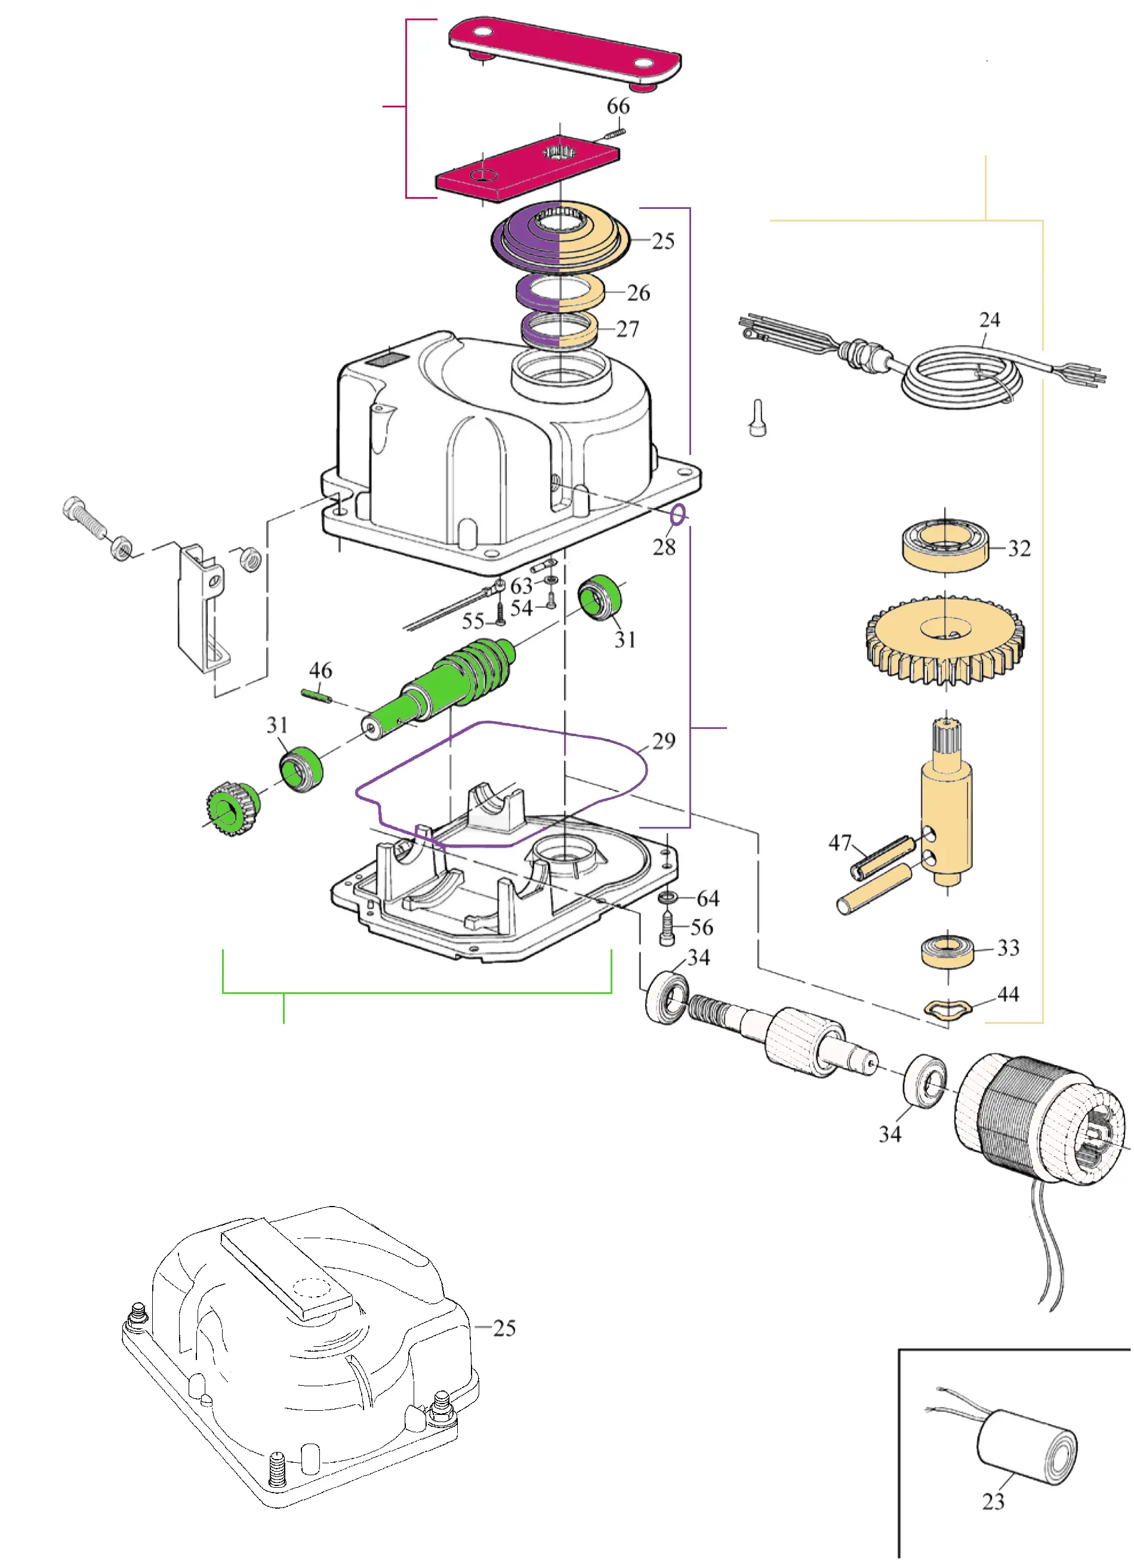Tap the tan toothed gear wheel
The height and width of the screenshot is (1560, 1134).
point(945,639)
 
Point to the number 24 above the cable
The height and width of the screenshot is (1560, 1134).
point(989,320)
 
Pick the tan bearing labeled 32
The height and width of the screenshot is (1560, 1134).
point(944,544)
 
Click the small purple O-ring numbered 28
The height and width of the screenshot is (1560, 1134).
point(677,515)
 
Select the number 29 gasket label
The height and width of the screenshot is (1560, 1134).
point(663,741)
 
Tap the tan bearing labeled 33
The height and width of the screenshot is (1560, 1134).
point(948,950)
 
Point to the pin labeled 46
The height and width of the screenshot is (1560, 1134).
point(317,697)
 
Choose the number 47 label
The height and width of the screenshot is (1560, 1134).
point(840,842)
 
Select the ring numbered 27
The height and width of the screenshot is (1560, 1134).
point(559,330)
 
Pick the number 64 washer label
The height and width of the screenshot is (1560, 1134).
point(708,899)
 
